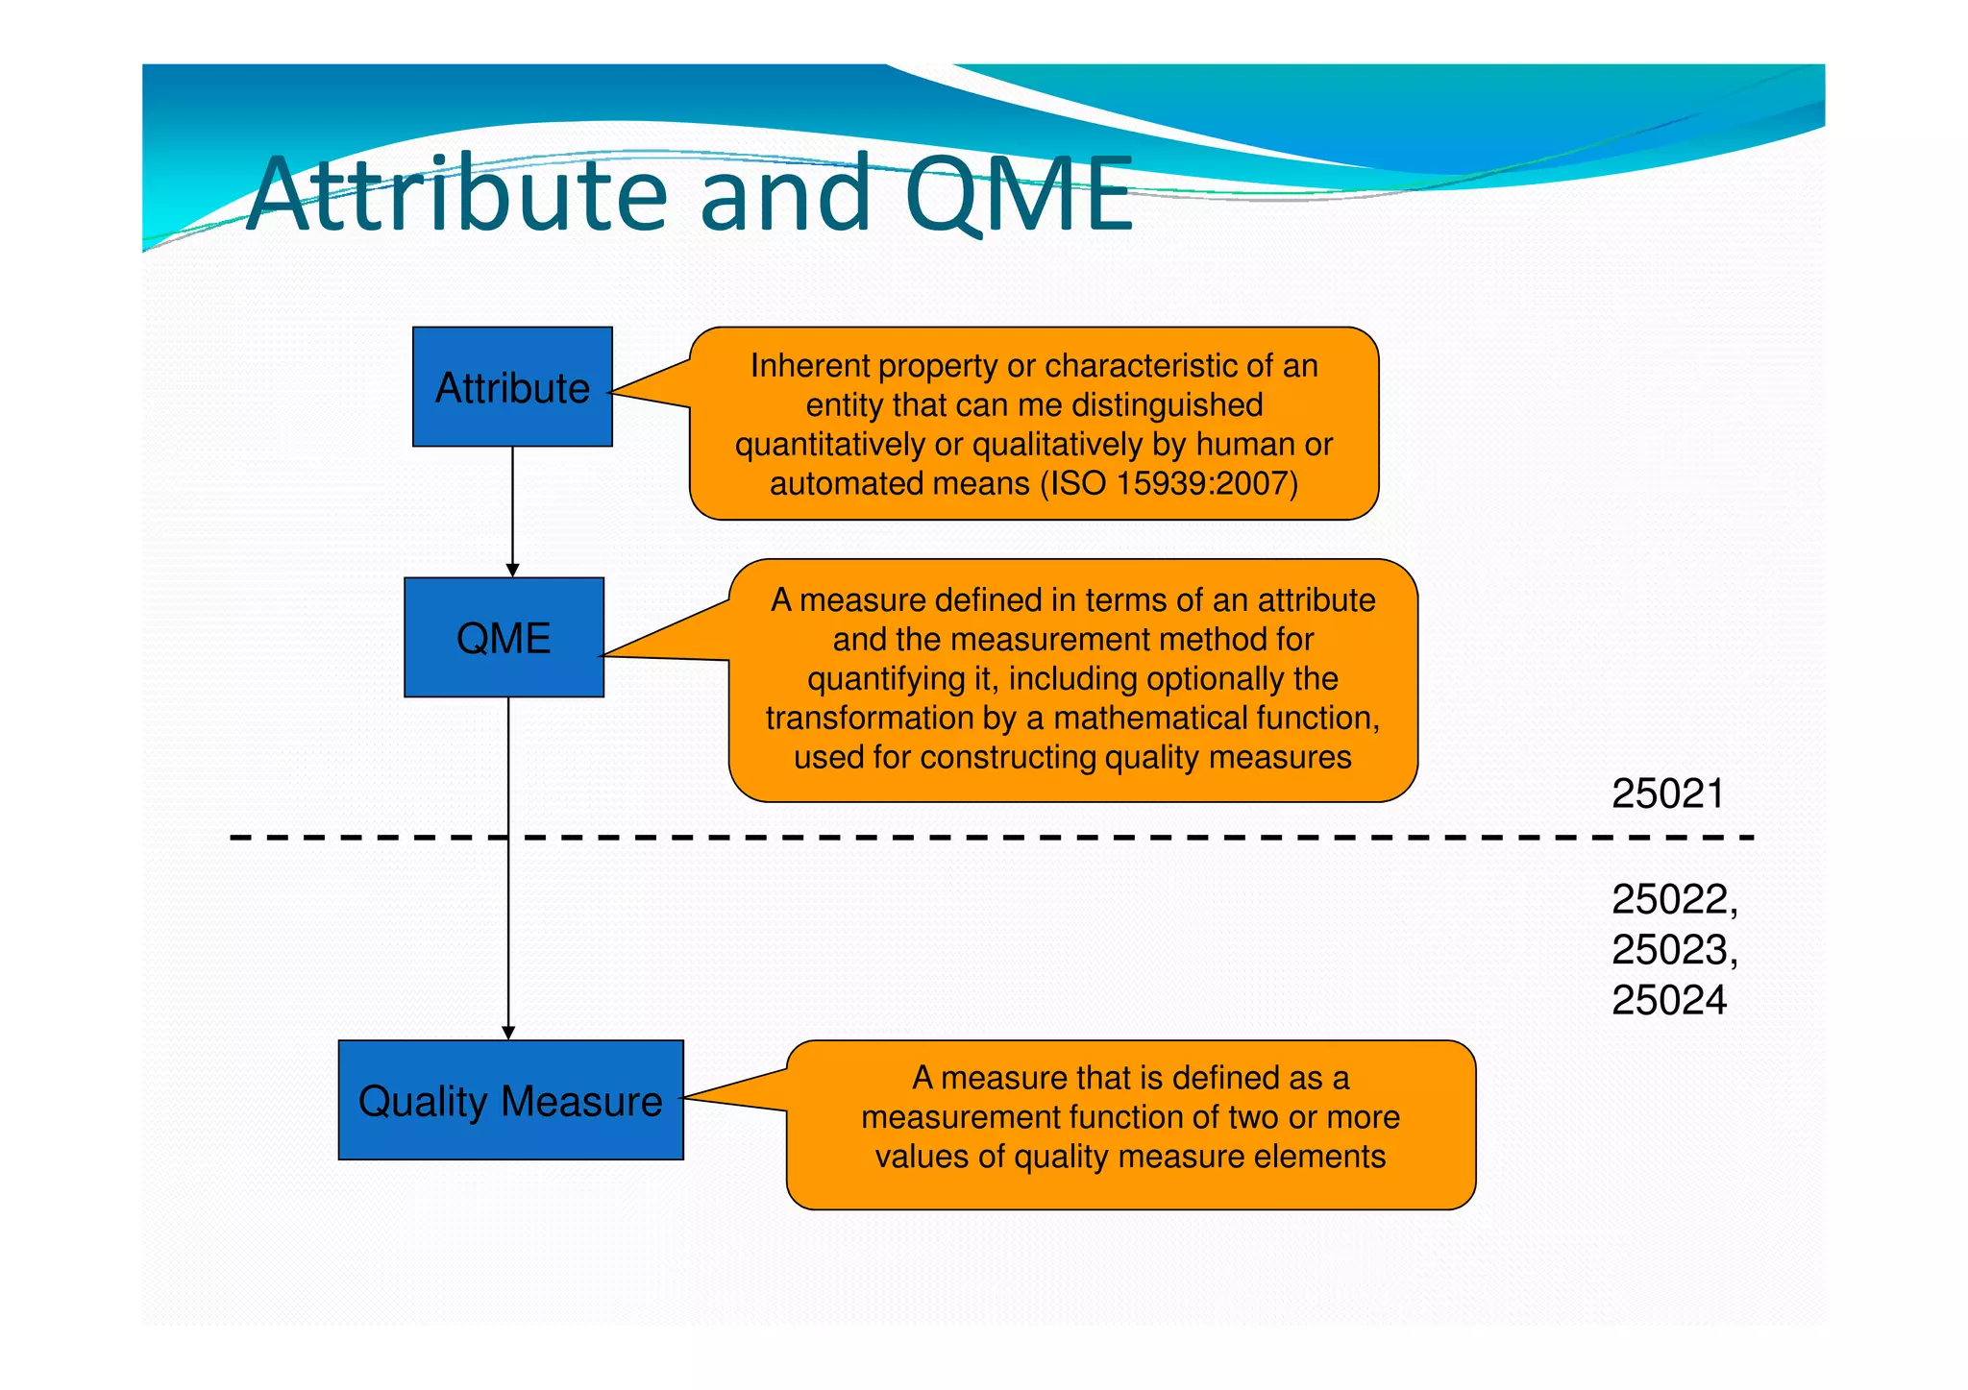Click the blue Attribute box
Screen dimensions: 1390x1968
[x=512, y=386]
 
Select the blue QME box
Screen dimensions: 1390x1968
[x=504, y=637]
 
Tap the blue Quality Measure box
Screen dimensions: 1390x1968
[x=510, y=1100]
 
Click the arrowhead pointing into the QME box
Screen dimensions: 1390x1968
[x=512, y=571]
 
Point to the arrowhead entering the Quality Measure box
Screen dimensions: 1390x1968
[x=508, y=1033]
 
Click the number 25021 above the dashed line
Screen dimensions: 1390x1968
[x=1667, y=793]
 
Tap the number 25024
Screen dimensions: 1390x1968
[x=1669, y=1001]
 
